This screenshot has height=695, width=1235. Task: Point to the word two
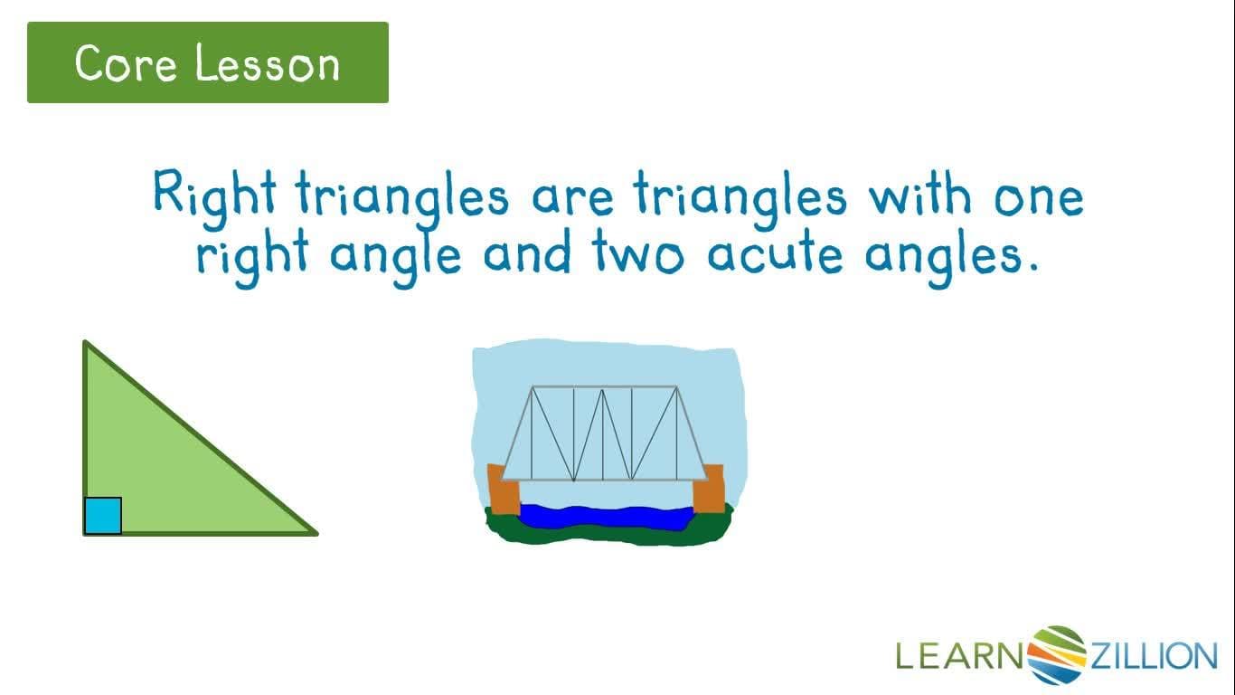tap(638, 254)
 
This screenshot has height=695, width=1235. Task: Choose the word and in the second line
tap(527, 254)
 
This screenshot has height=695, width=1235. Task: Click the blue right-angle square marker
tap(102, 516)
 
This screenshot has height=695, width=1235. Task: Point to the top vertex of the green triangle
tap(85, 343)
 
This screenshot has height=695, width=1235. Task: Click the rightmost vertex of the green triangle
tap(316, 533)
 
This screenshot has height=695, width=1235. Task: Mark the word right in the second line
tap(250, 256)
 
